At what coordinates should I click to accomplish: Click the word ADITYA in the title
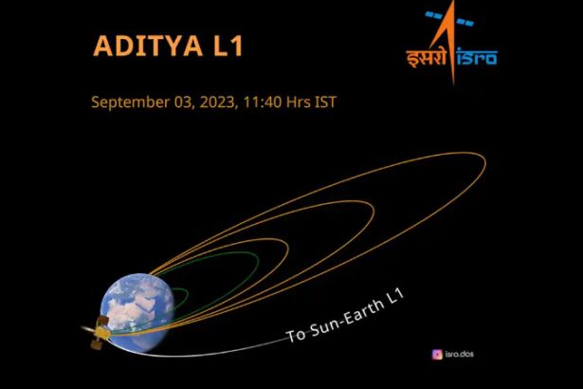click(148, 46)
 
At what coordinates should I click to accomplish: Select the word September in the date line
click(130, 102)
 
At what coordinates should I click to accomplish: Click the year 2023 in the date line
click(217, 102)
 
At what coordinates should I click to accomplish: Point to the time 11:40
click(263, 102)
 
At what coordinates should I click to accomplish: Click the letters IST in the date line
click(325, 102)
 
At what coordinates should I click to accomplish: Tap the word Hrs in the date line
click(298, 102)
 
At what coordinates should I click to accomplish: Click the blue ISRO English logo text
click(477, 57)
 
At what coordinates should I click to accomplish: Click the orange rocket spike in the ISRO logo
click(450, 41)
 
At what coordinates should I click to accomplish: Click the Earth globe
click(137, 312)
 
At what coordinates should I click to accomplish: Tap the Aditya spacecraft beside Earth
click(99, 332)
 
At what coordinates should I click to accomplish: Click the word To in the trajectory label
click(296, 334)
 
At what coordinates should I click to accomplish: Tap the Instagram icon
click(437, 355)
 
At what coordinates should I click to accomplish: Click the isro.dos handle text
click(460, 354)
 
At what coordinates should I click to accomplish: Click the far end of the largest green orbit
click(259, 261)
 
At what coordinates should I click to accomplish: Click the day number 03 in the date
click(183, 102)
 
